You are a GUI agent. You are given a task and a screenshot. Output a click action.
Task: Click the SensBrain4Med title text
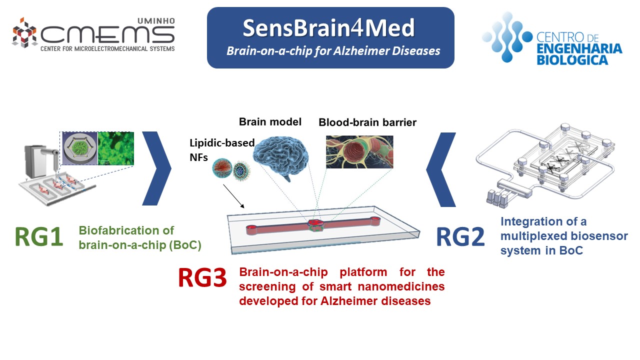point(328,27)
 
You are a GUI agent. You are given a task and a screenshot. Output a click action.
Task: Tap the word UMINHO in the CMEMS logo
point(156,21)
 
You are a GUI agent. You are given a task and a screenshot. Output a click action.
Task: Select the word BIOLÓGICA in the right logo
point(572,59)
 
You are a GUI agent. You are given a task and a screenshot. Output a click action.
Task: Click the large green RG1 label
point(39,236)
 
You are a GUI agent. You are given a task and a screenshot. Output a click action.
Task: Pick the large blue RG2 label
point(460,236)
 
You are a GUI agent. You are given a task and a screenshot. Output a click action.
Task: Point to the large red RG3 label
point(202,277)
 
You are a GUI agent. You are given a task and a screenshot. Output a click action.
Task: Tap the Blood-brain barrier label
point(367,122)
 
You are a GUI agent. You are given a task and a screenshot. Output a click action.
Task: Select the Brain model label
point(270,121)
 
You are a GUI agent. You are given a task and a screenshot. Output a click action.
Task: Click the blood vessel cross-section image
point(359,151)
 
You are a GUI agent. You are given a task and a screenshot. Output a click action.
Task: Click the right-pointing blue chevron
point(156,168)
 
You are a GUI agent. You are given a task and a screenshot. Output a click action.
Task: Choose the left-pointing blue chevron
point(441,169)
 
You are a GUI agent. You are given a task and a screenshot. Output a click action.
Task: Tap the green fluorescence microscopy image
point(115,148)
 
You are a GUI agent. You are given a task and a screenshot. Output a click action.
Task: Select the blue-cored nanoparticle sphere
point(241,171)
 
